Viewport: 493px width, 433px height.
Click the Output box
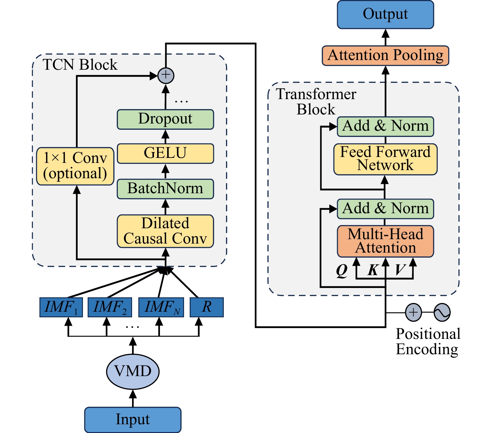[385, 15]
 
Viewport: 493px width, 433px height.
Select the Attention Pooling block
[385, 56]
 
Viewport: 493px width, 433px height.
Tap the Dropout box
[165, 119]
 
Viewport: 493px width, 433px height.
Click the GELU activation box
[165, 154]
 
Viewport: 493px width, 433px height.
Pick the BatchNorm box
[165, 189]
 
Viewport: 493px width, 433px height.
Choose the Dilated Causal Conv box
[165, 231]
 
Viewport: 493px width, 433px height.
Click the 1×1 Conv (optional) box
[75, 166]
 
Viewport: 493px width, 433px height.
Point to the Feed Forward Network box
[385, 159]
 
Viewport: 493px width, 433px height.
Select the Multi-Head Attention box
[385, 241]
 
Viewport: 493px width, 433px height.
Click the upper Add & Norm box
[385, 127]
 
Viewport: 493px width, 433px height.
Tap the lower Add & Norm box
[385, 209]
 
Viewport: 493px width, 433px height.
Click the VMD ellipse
[133, 372]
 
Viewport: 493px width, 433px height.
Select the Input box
[133, 420]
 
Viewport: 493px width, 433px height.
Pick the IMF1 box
[61, 307]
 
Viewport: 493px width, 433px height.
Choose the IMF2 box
[110, 307]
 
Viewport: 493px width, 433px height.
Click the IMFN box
[161, 307]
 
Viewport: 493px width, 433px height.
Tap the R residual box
[207, 307]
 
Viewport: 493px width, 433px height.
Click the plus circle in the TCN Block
[166, 75]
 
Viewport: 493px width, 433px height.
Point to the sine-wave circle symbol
[442, 312]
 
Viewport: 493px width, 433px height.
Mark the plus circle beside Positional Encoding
[413, 312]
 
